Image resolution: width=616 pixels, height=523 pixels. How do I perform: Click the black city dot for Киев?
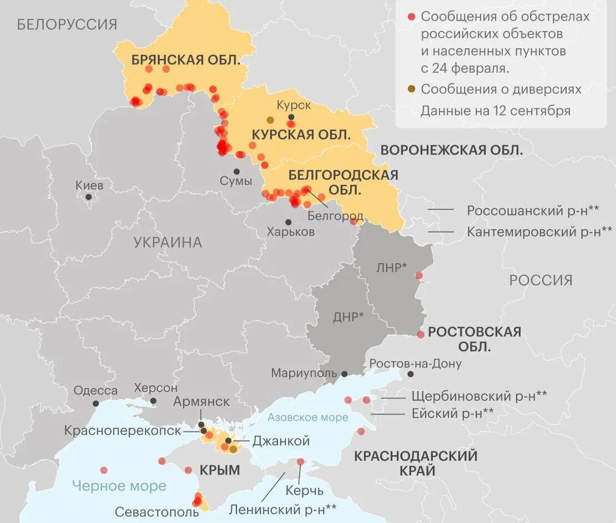pyautogui.click(x=88, y=197)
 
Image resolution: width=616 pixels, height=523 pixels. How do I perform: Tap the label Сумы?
pyautogui.click(x=236, y=181)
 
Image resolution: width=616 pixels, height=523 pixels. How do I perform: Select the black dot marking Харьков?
pyautogui.click(x=288, y=222)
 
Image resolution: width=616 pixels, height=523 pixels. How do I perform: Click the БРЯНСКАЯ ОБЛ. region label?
pyautogui.click(x=185, y=60)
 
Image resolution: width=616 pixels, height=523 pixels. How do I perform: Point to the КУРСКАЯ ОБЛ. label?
pyautogui.click(x=301, y=134)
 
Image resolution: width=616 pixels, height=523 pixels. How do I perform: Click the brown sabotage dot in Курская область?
pyautogui.click(x=270, y=120)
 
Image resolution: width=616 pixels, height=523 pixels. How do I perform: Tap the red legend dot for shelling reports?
pyautogui.click(x=411, y=17)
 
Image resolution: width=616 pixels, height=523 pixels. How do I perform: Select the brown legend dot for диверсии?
pyautogui.click(x=411, y=89)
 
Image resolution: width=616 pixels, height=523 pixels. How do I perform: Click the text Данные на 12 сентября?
pyautogui.click(x=495, y=110)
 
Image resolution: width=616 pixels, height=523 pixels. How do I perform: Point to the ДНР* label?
pyautogui.click(x=349, y=317)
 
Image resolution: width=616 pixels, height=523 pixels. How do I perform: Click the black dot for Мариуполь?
pyautogui.click(x=345, y=374)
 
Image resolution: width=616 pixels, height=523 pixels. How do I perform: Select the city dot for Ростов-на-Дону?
pyautogui.click(x=410, y=374)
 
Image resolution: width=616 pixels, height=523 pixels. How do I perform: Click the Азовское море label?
pyautogui.click(x=307, y=418)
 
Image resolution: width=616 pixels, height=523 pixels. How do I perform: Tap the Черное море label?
pyautogui.click(x=119, y=486)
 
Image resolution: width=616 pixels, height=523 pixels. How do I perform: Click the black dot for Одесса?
pyautogui.click(x=96, y=404)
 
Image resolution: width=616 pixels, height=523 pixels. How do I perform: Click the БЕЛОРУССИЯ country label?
pyautogui.click(x=67, y=24)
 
